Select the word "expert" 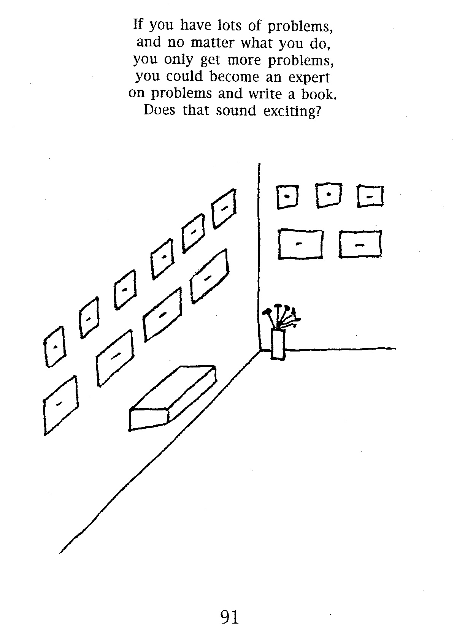click(310, 77)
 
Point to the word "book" click(318, 94)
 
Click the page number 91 click(230, 617)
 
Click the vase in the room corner click(278, 345)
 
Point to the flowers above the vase click(280, 316)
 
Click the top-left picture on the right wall click(287, 196)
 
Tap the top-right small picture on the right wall click(370, 196)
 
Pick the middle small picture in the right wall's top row click(329, 195)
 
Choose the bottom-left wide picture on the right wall click(300, 244)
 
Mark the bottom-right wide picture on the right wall click(360, 244)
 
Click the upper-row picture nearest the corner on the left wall click(224, 209)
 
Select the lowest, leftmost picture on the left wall click(60, 405)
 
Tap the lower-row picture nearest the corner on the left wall click(209, 276)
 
